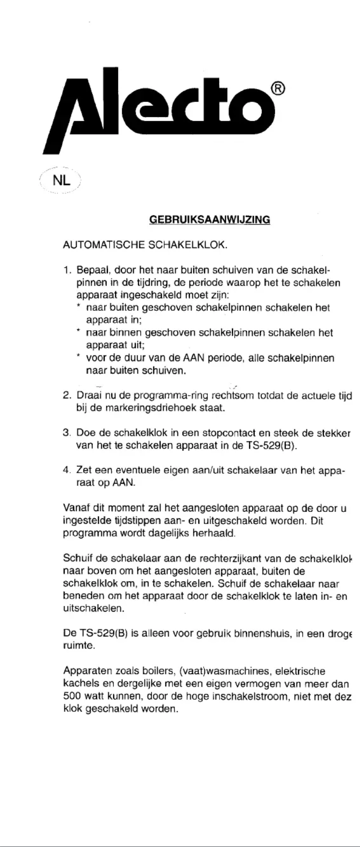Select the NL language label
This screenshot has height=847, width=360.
[61, 181]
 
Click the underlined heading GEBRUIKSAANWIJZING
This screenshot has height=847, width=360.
[209, 220]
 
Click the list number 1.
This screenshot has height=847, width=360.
[67, 270]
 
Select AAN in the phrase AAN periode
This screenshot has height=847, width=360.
[193, 358]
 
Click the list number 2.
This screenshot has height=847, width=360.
[67, 396]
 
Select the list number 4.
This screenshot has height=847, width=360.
[67, 471]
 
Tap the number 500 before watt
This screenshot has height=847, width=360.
[72, 697]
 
